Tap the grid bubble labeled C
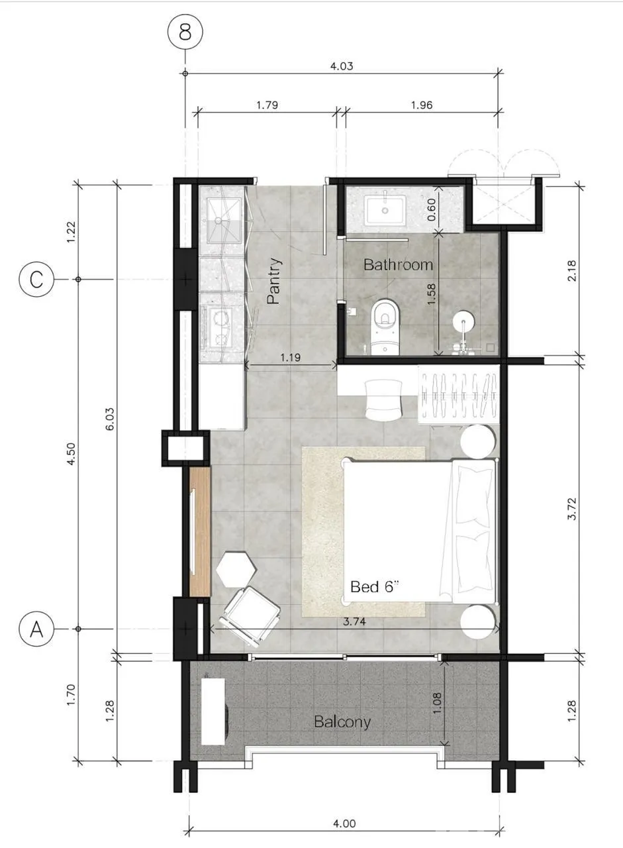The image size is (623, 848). (36, 280)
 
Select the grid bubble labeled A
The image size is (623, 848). (36, 629)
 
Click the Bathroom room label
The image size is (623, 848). (398, 264)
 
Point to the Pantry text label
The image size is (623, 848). (274, 281)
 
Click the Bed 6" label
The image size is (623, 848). (375, 587)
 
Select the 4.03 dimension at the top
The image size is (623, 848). (342, 66)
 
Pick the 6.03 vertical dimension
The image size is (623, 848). (109, 419)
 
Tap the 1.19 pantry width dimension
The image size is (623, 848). (291, 357)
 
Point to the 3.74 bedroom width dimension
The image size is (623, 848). (354, 621)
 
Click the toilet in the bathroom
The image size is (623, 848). (385, 327)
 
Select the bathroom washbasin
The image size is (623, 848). (385, 210)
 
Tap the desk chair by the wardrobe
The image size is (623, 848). (383, 400)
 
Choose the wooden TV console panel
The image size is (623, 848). (199, 532)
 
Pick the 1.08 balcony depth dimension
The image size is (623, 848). (436, 704)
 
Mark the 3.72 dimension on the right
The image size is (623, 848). (572, 509)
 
